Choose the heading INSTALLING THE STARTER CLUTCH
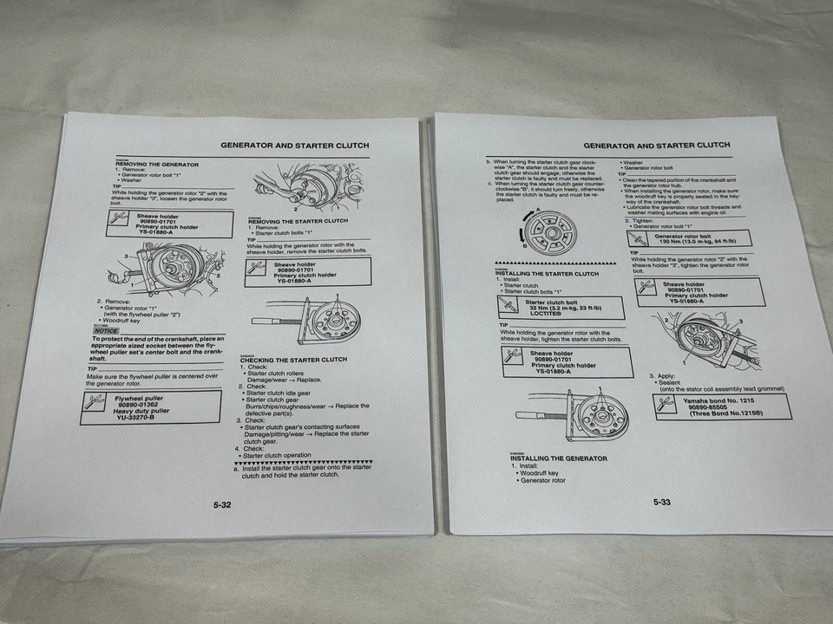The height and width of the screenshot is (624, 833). click(547, 274)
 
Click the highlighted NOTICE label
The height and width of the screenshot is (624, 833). click(107, 330)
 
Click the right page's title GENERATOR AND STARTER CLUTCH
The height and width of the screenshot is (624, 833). click(656, 146)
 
